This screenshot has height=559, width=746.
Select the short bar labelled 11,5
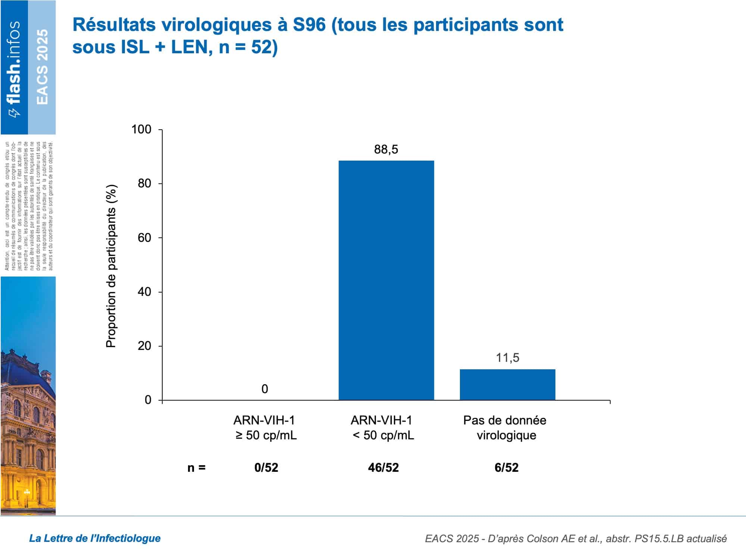tap(507, 385)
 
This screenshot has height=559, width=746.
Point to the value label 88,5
tap(386, 149)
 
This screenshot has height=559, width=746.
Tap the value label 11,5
tap(507, 358)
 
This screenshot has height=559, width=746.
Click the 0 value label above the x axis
tap(264, 389)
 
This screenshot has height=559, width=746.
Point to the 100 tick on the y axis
tap(141, 130)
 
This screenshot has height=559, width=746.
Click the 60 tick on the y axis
tap(144, 238)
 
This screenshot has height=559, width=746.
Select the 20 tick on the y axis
tap(144, 346)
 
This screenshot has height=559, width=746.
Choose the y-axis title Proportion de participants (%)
tap(112, 266)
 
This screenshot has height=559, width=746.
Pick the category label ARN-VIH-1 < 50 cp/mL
tap(383, 428)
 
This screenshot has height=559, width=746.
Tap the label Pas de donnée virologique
tap(505, 428)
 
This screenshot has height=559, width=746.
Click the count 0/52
tap(266, 468)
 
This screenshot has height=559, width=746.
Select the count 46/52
tap(383, 468)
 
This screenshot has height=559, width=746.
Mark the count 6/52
tap(506, 468)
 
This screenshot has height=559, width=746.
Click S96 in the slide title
tap(309, 25)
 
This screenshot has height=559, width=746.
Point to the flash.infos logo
tap(14, 67)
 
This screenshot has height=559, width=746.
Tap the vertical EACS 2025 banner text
tap(42, 67)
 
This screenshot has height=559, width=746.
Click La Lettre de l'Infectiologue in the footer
tap(95, 538)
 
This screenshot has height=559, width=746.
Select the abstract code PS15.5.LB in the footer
tap(658, 539)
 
